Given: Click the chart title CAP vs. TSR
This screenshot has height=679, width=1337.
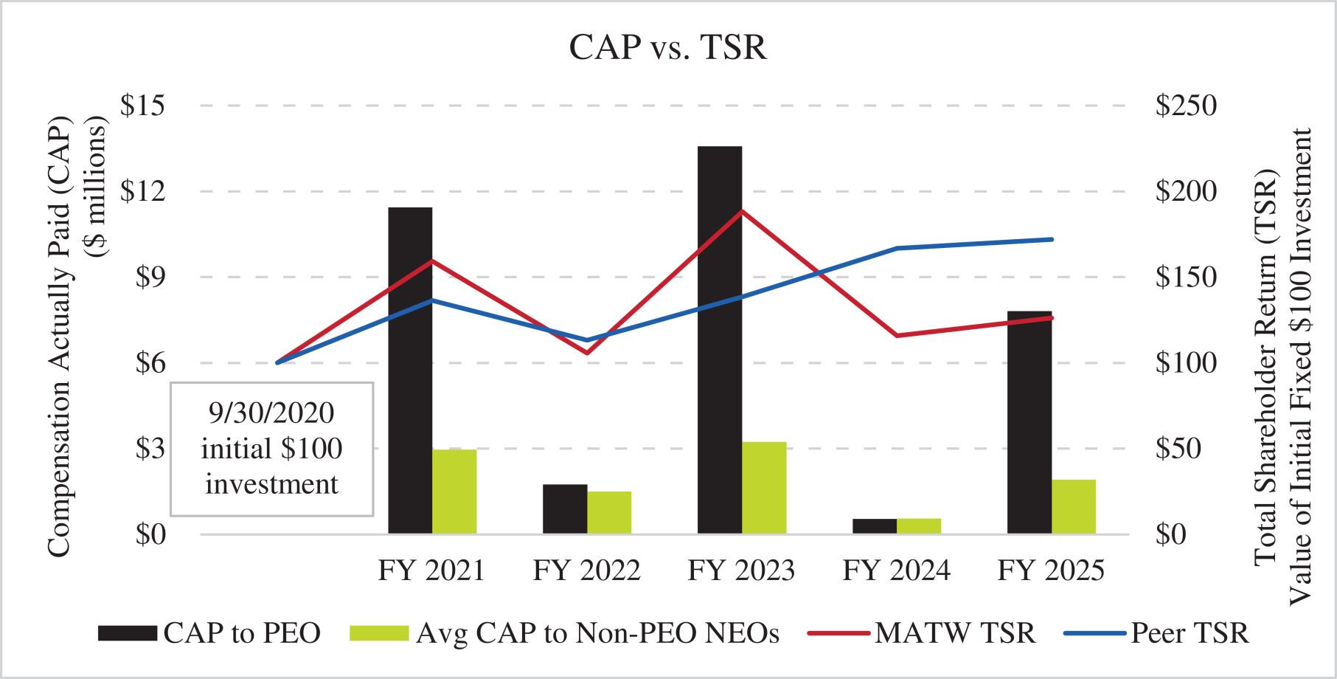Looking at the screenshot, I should click(667, 47).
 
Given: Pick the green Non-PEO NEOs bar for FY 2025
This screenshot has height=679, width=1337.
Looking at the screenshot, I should click(1074, 507).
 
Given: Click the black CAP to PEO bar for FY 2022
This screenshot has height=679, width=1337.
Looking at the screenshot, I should click(565, 509).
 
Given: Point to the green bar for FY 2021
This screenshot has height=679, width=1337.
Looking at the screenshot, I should click(454, 492).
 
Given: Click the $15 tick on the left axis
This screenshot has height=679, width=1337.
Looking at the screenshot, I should click(142, 106).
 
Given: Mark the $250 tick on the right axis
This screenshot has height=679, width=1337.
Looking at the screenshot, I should click(1186, 106).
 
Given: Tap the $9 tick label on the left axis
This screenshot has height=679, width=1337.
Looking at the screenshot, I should click(150, 278).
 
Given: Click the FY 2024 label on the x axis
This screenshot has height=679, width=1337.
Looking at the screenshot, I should click(897, 571).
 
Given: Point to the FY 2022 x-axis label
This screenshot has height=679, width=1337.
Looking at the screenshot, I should click(587, 571).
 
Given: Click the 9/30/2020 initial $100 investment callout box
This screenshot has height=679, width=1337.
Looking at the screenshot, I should click(272, 449).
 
